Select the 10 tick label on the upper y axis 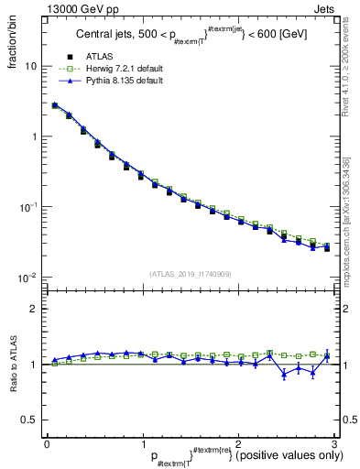pyautogui.click(x=30, y=67)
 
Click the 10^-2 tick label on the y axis pyautogui.click(x=27, y=277)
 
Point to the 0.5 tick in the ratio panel pyautogui.click(x=28, y=420)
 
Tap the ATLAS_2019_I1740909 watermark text pyautogui.click(x=189, y=273)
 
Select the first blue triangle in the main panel pyautogui.click(x=55, y=105)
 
